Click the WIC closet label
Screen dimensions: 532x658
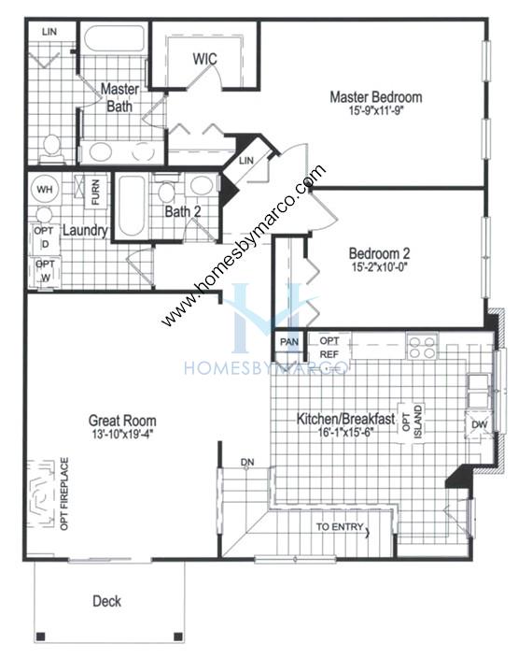[x=204, y=59]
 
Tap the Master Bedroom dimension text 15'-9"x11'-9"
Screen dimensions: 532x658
[x=376, y=111]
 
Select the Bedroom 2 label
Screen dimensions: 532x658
[x=379, y=253]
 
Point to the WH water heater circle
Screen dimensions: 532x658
[x=45, y=189]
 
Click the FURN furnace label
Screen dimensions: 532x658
[x=95, y=193]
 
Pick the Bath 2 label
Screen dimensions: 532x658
[x=183, y=211]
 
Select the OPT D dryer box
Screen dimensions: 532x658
[x=45, y=238]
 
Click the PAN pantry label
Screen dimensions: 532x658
[x=289, y=342]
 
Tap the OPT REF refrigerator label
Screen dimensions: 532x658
[x=329, y=348]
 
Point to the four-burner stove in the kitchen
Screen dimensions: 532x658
[x=422, y=346]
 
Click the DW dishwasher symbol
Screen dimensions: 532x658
[x=480, y=424]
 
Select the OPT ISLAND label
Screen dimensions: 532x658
[x=412, y=422]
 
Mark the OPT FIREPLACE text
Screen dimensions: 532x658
[x=64, y=493]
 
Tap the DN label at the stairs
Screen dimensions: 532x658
[x=247, y=462]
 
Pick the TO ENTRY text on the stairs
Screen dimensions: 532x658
[x=340, y=526]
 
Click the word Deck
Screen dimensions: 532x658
[x=106, y=601]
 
